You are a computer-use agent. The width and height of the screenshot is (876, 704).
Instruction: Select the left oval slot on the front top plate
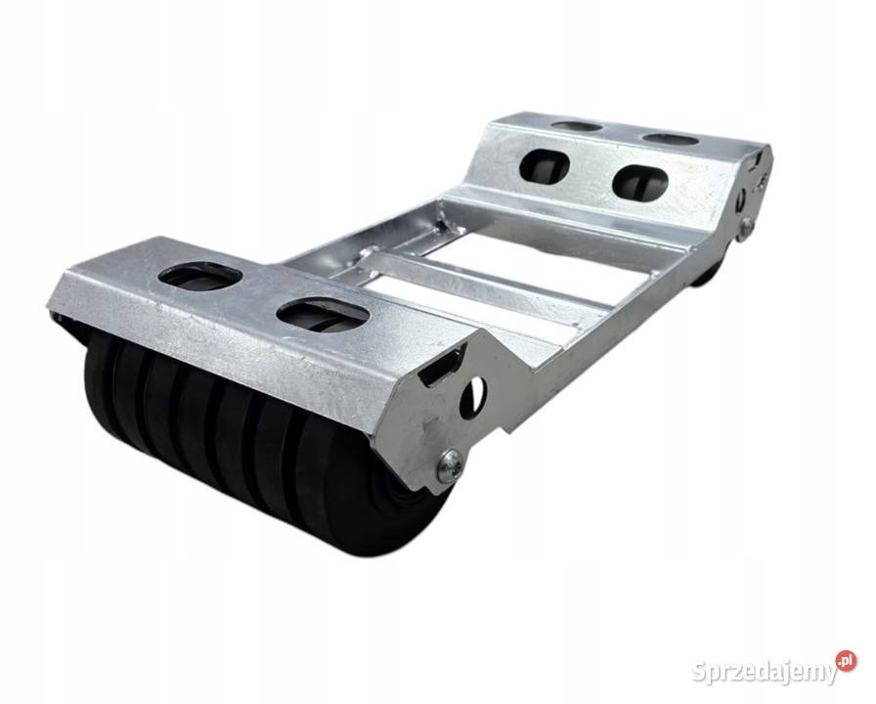click(200, 276)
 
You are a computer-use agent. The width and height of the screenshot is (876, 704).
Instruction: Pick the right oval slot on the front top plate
click(324, 314)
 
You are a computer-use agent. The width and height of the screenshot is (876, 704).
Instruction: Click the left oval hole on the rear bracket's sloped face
click(543, 164)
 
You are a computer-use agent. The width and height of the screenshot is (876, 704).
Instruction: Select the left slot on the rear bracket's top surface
click(576, 127)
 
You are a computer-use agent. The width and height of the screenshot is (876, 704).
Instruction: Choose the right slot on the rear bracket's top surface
click(671, 138)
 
